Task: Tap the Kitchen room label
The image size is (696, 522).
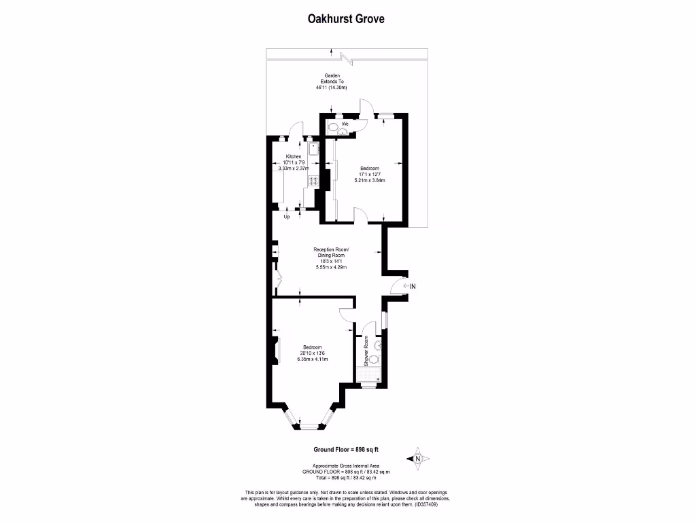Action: coord(294,156)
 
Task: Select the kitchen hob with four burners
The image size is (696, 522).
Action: coord(314,181)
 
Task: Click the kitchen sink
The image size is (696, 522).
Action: coord(313,149)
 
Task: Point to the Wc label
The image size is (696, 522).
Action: coord(345,124)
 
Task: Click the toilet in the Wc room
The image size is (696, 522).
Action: coord(332,127)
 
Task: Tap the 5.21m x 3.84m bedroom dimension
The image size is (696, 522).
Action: coord(370,181)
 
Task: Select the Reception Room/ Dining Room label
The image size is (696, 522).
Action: coord(332,252)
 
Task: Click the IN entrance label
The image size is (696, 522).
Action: coord(411,286)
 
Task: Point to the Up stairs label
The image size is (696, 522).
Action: coord(287,217)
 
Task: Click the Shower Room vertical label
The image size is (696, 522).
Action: coord(366,351)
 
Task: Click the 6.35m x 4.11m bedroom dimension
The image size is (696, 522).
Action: coord(313,360)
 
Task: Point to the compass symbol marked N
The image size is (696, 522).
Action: coord(417,459)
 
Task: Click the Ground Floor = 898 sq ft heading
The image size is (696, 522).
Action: coord(345,449)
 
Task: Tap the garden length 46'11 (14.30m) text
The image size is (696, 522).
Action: coord(332,88)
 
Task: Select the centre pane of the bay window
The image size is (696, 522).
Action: coord(313,426)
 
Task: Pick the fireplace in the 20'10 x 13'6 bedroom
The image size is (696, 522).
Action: coord(276,349)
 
